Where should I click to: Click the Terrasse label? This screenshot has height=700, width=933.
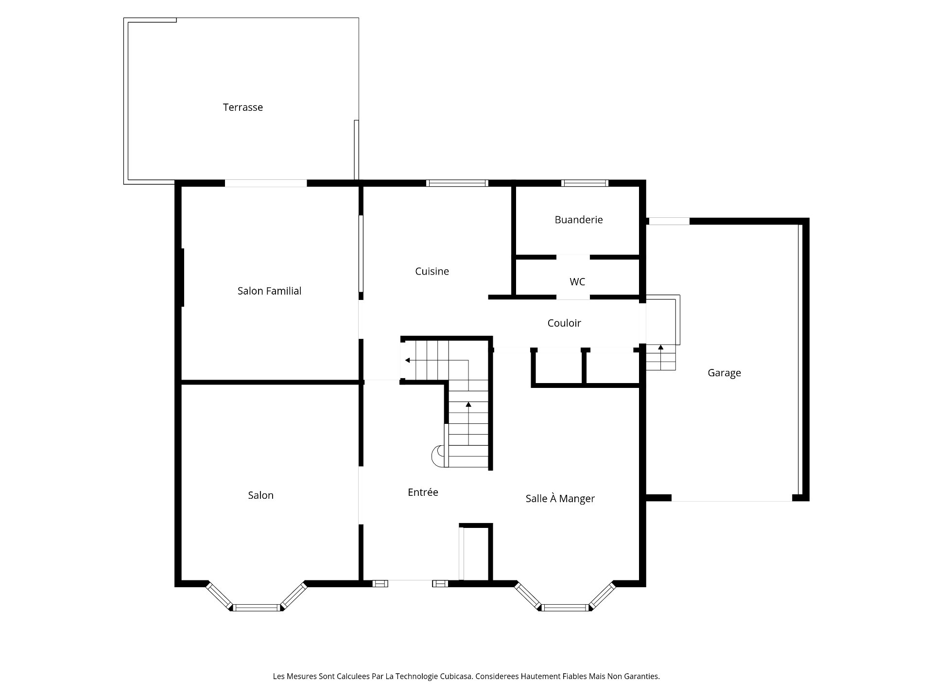pyautogui.click(x=242, y=107)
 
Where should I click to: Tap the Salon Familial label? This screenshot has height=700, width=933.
pyautogui.click(x=269, y=291)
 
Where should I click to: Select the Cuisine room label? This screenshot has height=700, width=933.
pyautogui.click(x=432, y=271)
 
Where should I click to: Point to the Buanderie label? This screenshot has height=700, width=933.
pyautogui.click(x=578, y=220)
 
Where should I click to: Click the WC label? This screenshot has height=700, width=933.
pyautogui.click(x=577, y=282)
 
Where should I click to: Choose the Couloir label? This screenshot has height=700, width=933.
pyautogui.click(x=564, y=323)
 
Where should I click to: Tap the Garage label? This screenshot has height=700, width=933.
pyautogui.click(x=724, y=373)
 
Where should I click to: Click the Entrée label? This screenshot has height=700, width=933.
pyautogui.click(x=423, y=492)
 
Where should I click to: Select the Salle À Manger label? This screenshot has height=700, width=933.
pyautogui.click(x=560, y=499)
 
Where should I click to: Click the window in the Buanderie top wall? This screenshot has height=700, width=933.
pyautogui.click(x=584, y=183)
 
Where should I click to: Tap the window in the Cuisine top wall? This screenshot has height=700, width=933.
pyautogui.click(x=457, y=183)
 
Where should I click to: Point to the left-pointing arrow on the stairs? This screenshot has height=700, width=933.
pyautogui.click(x=408, y=360)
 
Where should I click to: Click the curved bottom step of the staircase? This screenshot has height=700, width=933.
pyautogui.click(x=438, y=456)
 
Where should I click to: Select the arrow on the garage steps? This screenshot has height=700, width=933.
pyautogui.click(x=660, y=348)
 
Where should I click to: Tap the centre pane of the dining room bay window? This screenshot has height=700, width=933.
pyautogui.click(x=565, y=607)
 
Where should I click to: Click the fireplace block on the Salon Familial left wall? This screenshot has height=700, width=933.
pyautogui.click(x=183, y=277)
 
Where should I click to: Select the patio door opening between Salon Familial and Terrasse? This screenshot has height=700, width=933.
pyautogui.click(x=265, y=183)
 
